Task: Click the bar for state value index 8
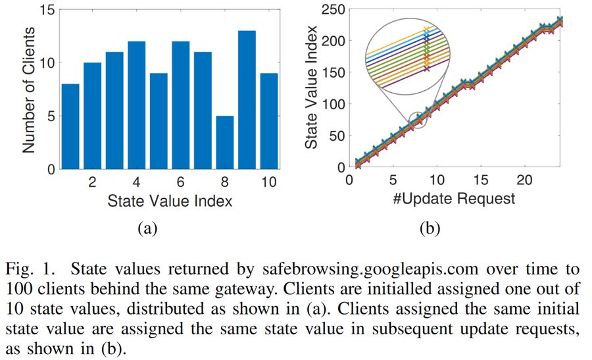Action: (x=224, y=143)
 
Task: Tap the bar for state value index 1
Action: (x=70, y=126)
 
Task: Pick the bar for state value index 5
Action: (x=158, y=121)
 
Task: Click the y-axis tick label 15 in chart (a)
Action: (x=45, y=11)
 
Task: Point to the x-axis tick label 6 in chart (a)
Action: (x=180, y=182)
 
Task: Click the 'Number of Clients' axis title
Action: (x=28, y=90)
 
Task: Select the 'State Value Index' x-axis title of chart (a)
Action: (x=169, y=201)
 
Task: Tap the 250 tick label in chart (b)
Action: (x=332, y=9)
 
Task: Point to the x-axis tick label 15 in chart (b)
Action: (x=481, y=180)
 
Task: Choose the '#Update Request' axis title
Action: (x=455, y=197)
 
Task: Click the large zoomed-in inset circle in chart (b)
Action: (x=408, y=56)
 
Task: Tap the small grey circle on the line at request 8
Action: (x=418, y=120)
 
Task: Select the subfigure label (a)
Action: (x=146, y=228)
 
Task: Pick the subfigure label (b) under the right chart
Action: (x=429, y=228)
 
